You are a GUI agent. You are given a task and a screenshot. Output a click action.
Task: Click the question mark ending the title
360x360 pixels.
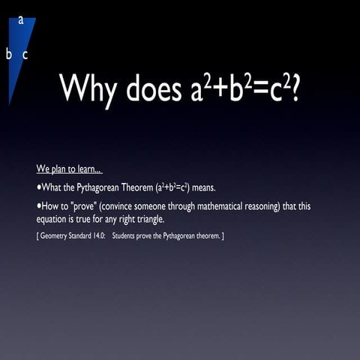[295, 88]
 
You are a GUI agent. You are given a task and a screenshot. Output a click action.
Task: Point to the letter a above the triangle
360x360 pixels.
[21, 19]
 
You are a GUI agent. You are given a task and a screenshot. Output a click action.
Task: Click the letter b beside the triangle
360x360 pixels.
[9, 54]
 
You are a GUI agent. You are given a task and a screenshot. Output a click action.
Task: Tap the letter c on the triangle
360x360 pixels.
[25, 54]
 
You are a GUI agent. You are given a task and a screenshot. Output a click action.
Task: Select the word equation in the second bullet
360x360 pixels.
[56, 219]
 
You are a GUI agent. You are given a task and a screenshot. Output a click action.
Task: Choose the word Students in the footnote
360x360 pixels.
[136, 236]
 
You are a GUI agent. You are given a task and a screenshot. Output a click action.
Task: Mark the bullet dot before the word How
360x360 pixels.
[38, 204]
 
